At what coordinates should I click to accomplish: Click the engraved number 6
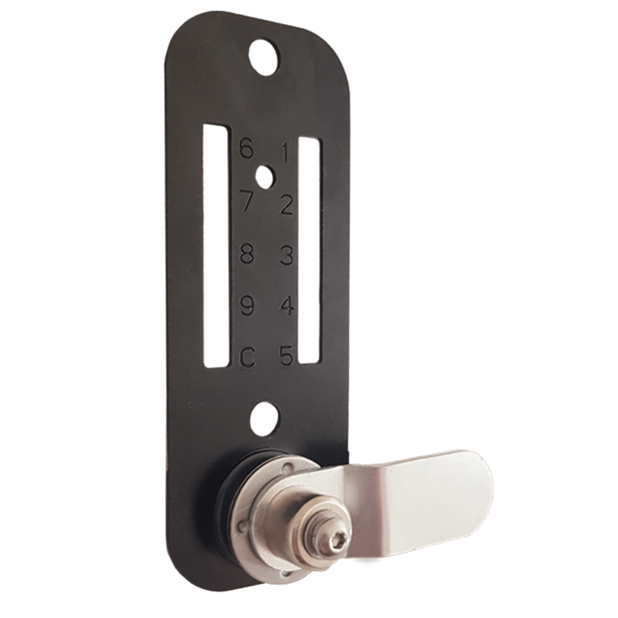pos(247,148)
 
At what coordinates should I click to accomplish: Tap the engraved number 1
pos(285,152)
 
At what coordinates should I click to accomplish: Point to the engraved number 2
pos(286,204)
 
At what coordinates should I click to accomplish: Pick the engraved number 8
pos(247,253)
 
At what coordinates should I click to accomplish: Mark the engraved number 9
pos(247,305)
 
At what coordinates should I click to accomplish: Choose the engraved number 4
pos(286,306)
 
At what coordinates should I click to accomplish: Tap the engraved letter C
pos(247,357)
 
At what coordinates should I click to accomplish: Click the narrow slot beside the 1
pos(309,250)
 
